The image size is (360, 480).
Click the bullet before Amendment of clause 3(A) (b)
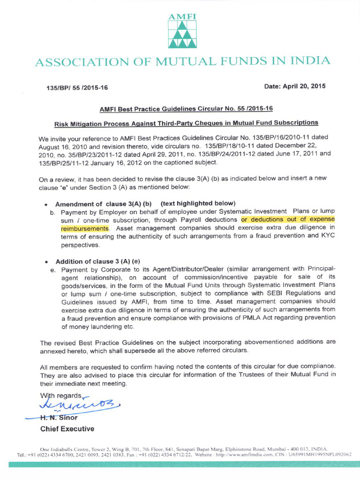46,205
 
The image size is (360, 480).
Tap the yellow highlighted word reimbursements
85,228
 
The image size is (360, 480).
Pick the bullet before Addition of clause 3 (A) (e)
46,262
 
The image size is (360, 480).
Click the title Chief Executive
67,429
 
